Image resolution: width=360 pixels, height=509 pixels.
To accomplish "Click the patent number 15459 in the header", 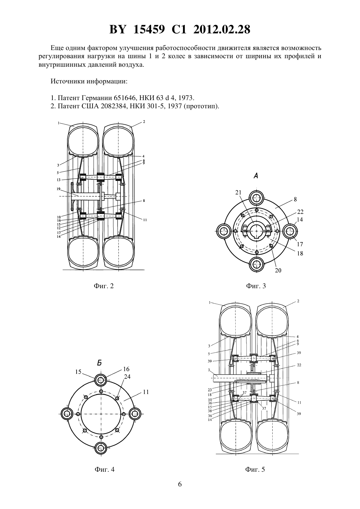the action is click(x=149, y=29).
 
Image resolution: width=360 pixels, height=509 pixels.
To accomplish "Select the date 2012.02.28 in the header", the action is click(x=222, y=29).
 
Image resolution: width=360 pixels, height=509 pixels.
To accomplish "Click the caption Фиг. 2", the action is click(x=104, y=286).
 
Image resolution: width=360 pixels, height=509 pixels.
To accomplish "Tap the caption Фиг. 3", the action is click(x=256, y=286).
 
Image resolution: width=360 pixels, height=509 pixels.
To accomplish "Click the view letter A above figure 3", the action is click(x=256, y=175).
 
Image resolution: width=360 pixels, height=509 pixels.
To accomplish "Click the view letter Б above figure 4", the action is click(x=99, y=363).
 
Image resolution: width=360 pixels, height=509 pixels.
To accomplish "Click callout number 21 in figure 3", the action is click(x=238, y=192).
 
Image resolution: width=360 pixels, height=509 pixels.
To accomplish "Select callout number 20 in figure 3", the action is click(x=278, y=271).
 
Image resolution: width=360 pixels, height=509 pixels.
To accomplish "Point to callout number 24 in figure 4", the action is click(x=127, y=377).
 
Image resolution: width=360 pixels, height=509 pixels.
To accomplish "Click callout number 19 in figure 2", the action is click(x=58, y=189).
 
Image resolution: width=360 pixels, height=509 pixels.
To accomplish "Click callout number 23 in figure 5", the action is click(x=210, y=390).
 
